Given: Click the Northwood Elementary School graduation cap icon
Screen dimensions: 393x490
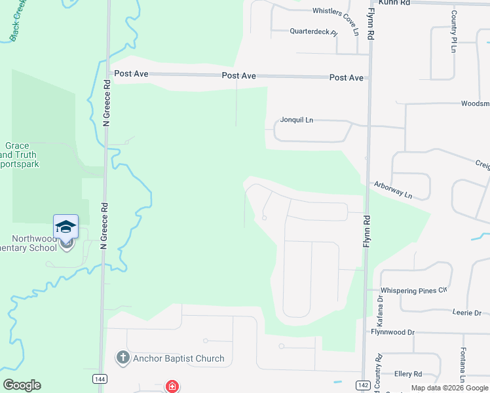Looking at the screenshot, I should coord(66,227).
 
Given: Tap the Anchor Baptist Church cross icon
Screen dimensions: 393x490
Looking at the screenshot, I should coord(122,358).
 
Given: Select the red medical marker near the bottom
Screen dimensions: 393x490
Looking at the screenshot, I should coord(172,386).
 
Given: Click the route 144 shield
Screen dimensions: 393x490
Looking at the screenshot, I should coord(100,379).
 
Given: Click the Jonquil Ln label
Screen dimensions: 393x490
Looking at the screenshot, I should coord(297,120).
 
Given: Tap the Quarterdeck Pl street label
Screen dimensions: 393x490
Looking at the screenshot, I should coord(313,31).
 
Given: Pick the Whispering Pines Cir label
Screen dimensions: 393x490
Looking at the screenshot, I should coord(413,290).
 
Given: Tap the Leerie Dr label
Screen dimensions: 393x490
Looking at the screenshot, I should coord(466,312).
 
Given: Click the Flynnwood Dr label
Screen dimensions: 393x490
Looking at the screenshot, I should coord(393,332).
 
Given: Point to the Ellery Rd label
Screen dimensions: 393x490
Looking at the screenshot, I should coord(407,374).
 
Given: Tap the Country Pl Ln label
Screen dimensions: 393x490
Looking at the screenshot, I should coord(453,31).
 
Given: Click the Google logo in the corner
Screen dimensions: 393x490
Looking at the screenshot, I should coord(22,385).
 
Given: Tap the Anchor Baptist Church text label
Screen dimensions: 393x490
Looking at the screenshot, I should coord(178,358).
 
